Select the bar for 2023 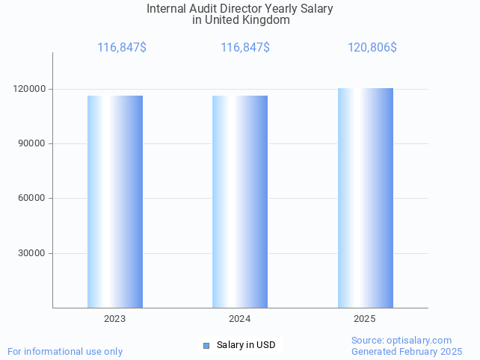(x=115, y=202)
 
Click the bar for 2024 (x=240, y=202)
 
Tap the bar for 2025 (x=365, y=198)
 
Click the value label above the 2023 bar (x=122, y=48)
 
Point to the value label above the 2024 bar (x=245, y=48)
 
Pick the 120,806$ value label (x=372, y=48)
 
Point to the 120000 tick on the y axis (x=31, y=89)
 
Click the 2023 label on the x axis (x=115, y=319)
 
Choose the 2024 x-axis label (x=240, y=319)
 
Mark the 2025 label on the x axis (x=365, y=319)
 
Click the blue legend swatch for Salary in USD (x=206, y=345)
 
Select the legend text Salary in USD (x=246, y=345)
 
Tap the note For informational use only (x=65, y=351)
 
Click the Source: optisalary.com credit (x=401, y=341)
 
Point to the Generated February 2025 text (x=407, y=351)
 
